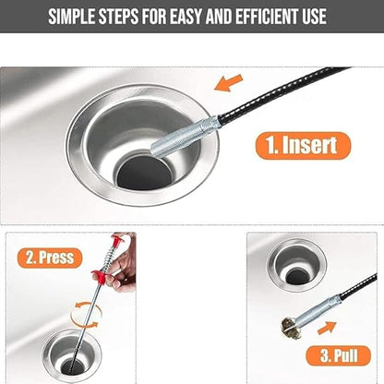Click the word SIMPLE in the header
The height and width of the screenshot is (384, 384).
pos(79,18)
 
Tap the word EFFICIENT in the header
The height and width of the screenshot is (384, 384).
pos(263,18)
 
